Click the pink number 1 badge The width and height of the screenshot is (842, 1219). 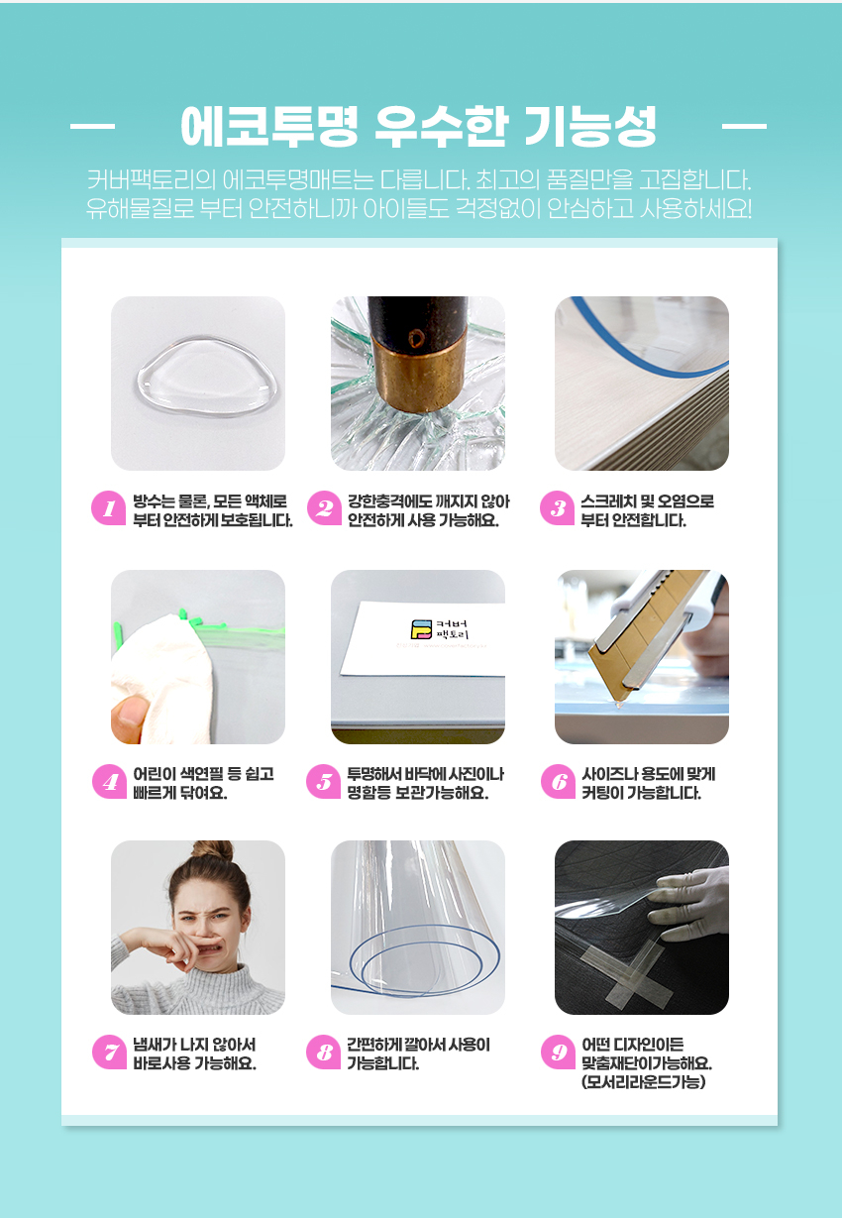click(x=109, y=508)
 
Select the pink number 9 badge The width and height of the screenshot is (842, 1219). click(x=559, y=1052)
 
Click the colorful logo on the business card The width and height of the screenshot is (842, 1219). click(x=420, y=628)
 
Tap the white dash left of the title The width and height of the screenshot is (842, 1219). click(x=93, y=127)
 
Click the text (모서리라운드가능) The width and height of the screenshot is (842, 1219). click(x=644, y=1082)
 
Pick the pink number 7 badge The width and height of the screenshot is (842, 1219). click(x=109, y=1052)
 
